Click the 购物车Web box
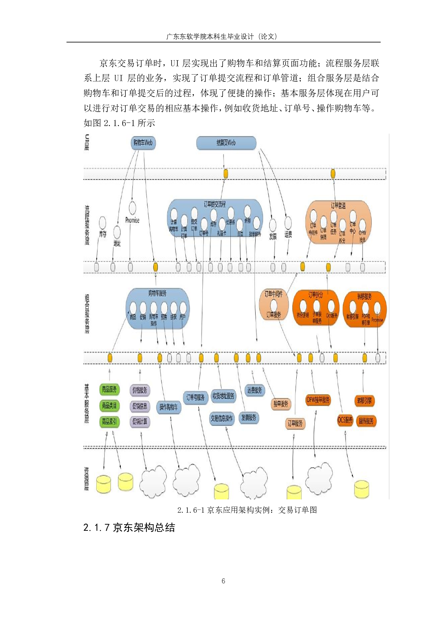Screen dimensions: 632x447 (143, 143)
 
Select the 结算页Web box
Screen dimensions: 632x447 (226, 143)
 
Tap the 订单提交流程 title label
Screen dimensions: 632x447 (215, 204)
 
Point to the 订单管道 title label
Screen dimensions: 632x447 (338, 205)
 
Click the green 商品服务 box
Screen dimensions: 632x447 (109, 390)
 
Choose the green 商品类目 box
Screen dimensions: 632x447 (109, 405)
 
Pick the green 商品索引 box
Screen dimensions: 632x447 (109, 421)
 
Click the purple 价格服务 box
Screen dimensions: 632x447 (140, 390)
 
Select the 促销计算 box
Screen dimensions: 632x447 (140, 422)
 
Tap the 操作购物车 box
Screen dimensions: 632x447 (169, 407)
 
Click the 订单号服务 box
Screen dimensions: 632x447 (195, 397)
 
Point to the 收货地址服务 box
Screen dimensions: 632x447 (223, 396)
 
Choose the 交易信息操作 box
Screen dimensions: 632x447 (222, 418)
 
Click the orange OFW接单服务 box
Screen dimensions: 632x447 (318, 400)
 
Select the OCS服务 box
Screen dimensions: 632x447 (345, 420)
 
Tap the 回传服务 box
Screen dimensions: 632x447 (366, 421)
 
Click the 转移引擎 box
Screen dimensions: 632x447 (364, 401)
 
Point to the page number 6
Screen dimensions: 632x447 (223, 581)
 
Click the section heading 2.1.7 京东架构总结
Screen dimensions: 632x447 (129, 528)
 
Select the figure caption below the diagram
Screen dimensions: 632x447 (247, 510)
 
